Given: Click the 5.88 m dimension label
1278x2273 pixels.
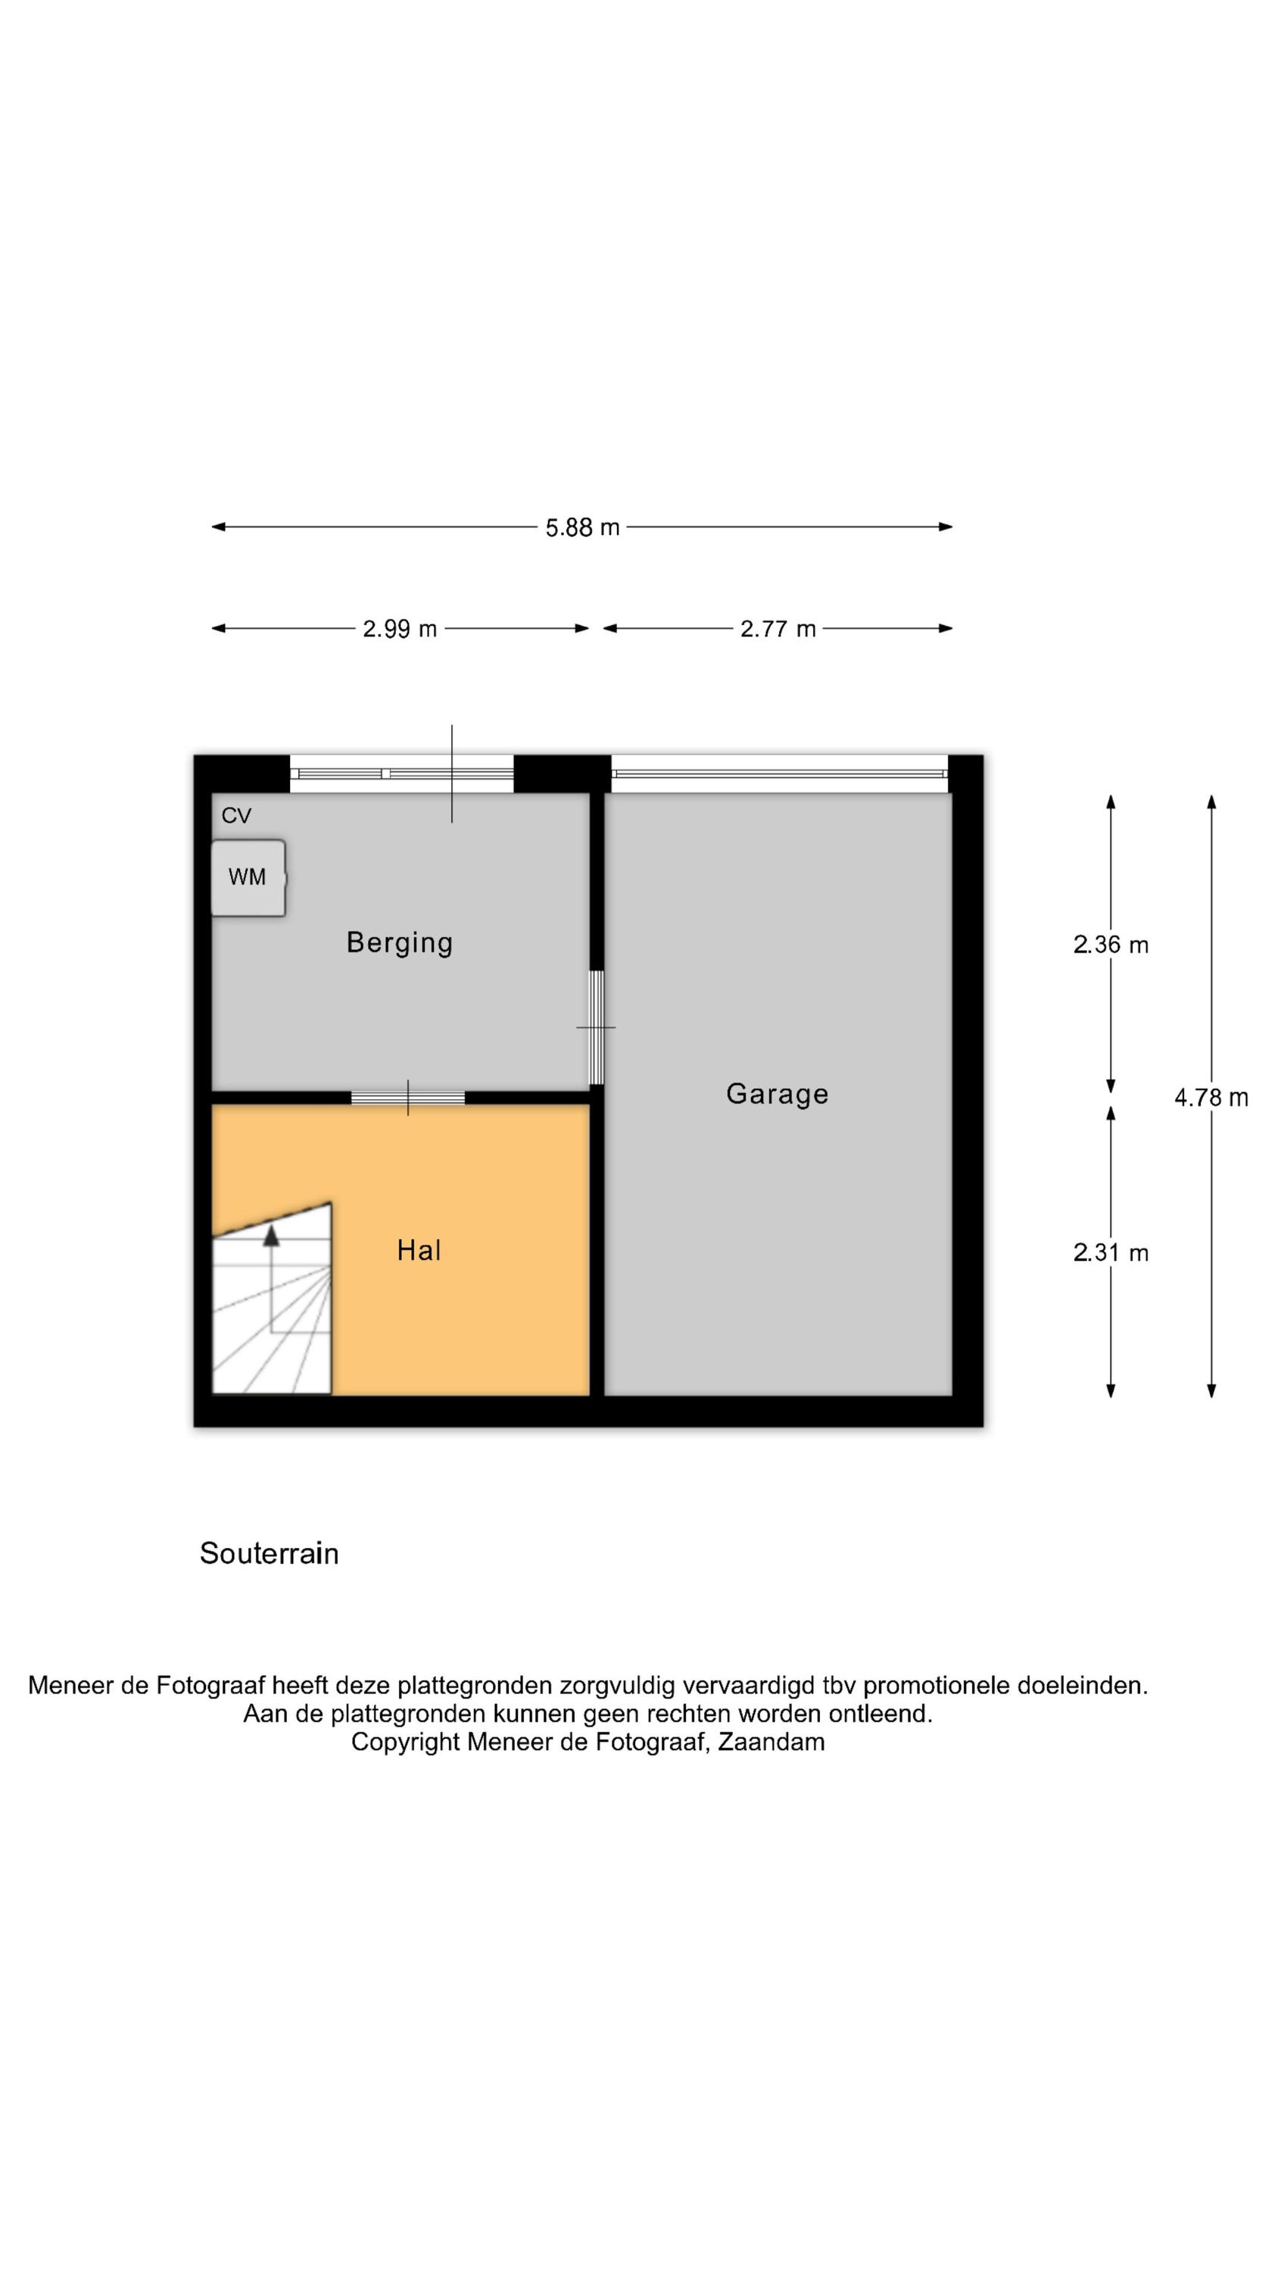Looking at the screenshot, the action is pos(582,527).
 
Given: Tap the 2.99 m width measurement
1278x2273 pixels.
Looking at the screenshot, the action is pos(400,628).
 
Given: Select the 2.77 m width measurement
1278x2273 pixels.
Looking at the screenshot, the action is pos(777,628).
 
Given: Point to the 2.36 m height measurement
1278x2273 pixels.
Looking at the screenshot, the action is pos(1111,945).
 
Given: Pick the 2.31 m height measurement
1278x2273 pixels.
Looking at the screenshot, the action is pos(1111,1252).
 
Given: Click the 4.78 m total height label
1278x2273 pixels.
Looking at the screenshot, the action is pos(1211,1097).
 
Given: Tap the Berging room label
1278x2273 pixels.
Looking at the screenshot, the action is pos(400,943).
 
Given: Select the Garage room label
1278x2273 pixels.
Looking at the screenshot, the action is pos(777,1094).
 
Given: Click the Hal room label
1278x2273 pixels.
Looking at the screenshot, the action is pos(419,1249).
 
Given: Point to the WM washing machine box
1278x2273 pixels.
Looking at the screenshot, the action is pos(248,877).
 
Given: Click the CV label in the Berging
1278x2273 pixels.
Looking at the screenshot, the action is pos(236,815).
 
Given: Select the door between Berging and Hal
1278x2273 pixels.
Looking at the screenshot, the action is pos(407,1098).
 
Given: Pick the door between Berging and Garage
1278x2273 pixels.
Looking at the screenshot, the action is pos(597,1027).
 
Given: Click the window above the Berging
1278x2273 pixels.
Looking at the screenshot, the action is pos(401,774).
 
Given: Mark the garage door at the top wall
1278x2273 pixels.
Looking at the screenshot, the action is pos(779,774).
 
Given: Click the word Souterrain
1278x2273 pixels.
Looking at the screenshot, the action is pos(269,1553).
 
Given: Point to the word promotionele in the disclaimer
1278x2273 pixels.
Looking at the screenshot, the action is pos(937,1685).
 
